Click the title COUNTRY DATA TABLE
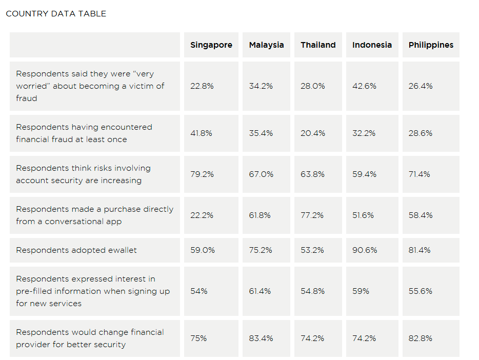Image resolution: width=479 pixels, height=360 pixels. (56, 14)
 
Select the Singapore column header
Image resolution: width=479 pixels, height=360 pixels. (211, 45)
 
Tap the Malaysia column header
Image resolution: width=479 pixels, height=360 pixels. (266, 45)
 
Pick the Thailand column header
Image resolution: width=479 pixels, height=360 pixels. (318, 45)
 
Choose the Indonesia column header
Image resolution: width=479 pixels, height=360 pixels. (372, 45)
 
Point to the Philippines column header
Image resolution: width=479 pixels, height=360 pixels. (431, 45)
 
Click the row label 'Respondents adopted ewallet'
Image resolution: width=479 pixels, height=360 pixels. (76, 250)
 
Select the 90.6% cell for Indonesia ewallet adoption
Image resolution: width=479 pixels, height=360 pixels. (365, 250)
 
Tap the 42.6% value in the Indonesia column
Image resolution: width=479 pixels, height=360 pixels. (364, 86)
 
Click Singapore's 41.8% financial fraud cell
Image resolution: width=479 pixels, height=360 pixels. (201, 133)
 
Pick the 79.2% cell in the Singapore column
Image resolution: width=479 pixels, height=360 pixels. (202, 174)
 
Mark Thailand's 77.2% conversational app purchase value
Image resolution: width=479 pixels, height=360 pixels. (312, 215)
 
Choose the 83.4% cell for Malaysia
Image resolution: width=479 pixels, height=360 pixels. (261, 338)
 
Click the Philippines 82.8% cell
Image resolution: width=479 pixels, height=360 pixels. (421, 338)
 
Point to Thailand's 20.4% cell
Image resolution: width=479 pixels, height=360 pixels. (312, 133)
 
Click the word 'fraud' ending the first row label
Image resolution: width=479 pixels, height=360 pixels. (27, 98)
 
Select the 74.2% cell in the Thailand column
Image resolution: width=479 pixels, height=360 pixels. (312, 338)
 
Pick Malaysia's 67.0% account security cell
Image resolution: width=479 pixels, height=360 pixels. (261, 174)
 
